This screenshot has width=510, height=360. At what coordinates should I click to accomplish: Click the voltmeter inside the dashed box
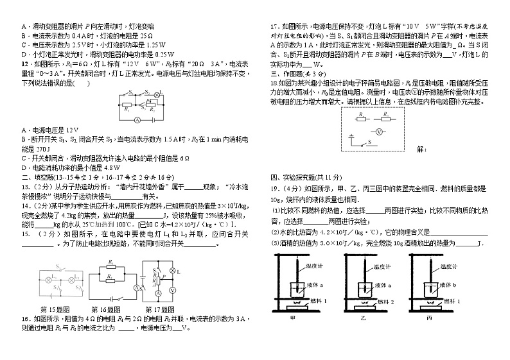[380, 130]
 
